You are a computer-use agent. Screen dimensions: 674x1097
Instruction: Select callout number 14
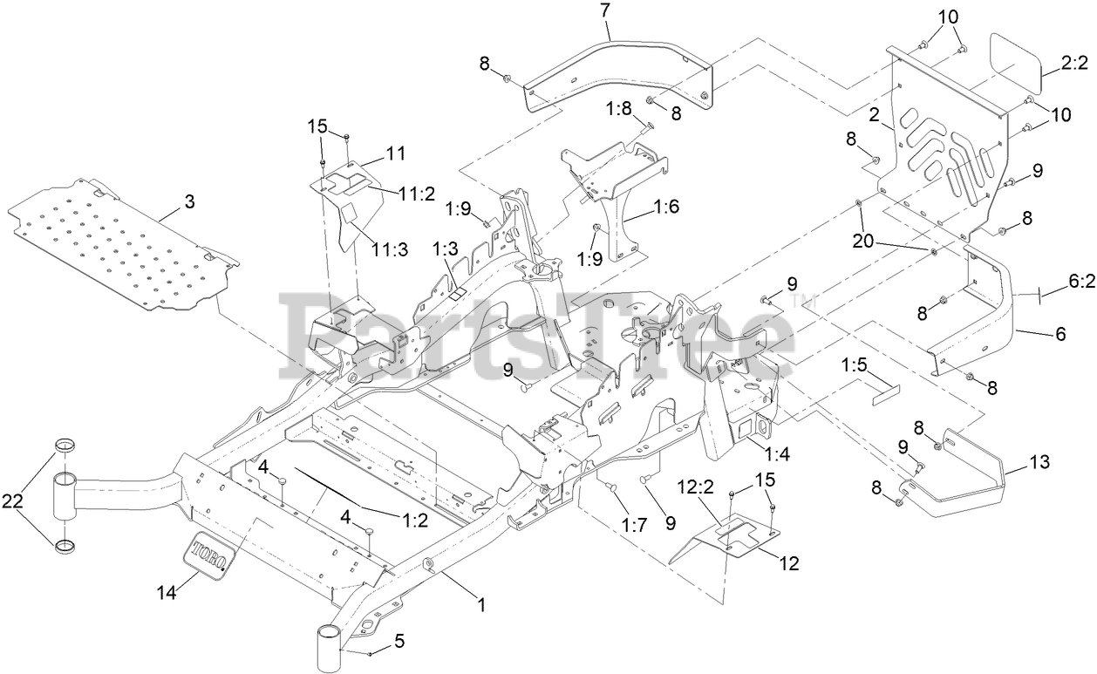pyautogui.click(x=167, y=593)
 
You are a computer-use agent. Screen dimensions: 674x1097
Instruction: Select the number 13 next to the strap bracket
pyautogui.click(x=1040, y=461)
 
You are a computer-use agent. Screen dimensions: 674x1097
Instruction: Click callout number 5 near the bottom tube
pyautogui.click(x=399, y=642)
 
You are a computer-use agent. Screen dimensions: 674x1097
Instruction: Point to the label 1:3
pyautogui.click(x=444, y=250)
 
